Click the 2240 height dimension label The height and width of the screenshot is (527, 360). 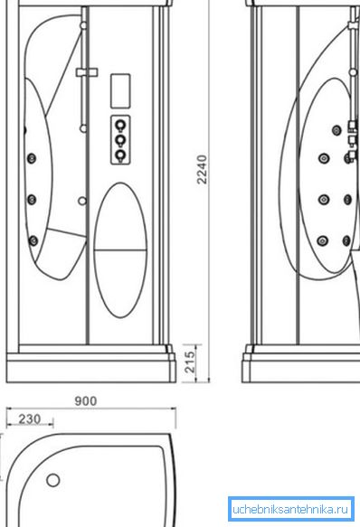tap(202, 169)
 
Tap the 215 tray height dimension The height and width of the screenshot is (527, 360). tap(190, 362)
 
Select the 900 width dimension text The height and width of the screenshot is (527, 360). tap(85, 401)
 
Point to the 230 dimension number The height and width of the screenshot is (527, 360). tap(30, 419)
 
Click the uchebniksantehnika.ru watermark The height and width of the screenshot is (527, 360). tap(290, 509)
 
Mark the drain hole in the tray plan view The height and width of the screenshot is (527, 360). tap(53, 480)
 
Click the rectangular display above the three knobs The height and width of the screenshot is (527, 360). tap(120, 90)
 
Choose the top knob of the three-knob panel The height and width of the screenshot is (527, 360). tap(120, 126)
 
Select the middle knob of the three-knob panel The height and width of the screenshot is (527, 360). tap(120, 140)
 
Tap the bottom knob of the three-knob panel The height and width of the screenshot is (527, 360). tap(120, 155)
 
